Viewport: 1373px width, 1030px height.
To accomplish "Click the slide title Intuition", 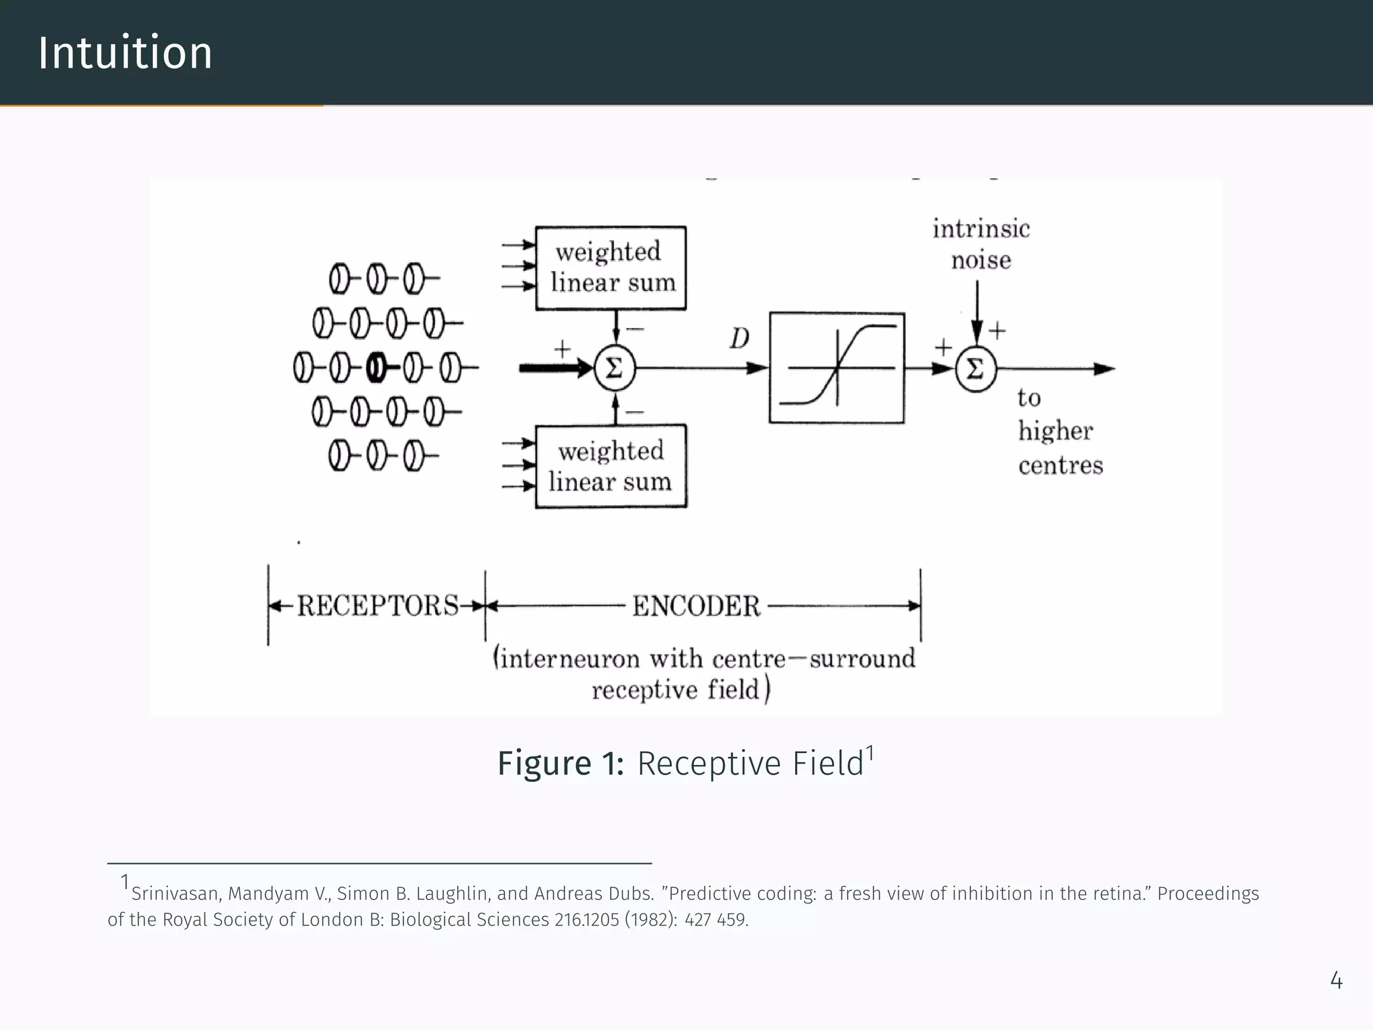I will [125, 53].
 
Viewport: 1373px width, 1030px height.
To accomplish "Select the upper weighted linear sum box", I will [610, 268].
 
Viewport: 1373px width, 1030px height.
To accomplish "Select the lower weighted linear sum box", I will [610, 467].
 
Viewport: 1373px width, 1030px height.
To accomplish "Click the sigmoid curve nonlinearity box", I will [837, 367].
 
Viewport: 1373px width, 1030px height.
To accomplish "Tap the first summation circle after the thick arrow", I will [614, 368].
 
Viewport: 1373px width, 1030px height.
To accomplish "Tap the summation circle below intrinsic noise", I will [976, 369].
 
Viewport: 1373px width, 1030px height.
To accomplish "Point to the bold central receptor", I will [377, 368].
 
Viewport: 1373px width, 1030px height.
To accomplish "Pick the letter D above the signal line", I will [739, 339].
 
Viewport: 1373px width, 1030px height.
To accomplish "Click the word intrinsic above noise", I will [981, 229].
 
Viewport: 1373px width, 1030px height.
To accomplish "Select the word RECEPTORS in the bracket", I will [377, 606].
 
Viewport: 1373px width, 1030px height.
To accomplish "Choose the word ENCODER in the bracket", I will [696, 606].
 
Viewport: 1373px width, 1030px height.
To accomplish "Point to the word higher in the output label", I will [1055, 431].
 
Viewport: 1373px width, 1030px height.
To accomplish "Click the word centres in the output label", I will [1061, 465].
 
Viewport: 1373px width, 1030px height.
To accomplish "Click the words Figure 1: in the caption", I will [560, 764].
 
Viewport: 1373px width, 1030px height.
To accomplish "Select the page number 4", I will [1335, 981].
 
